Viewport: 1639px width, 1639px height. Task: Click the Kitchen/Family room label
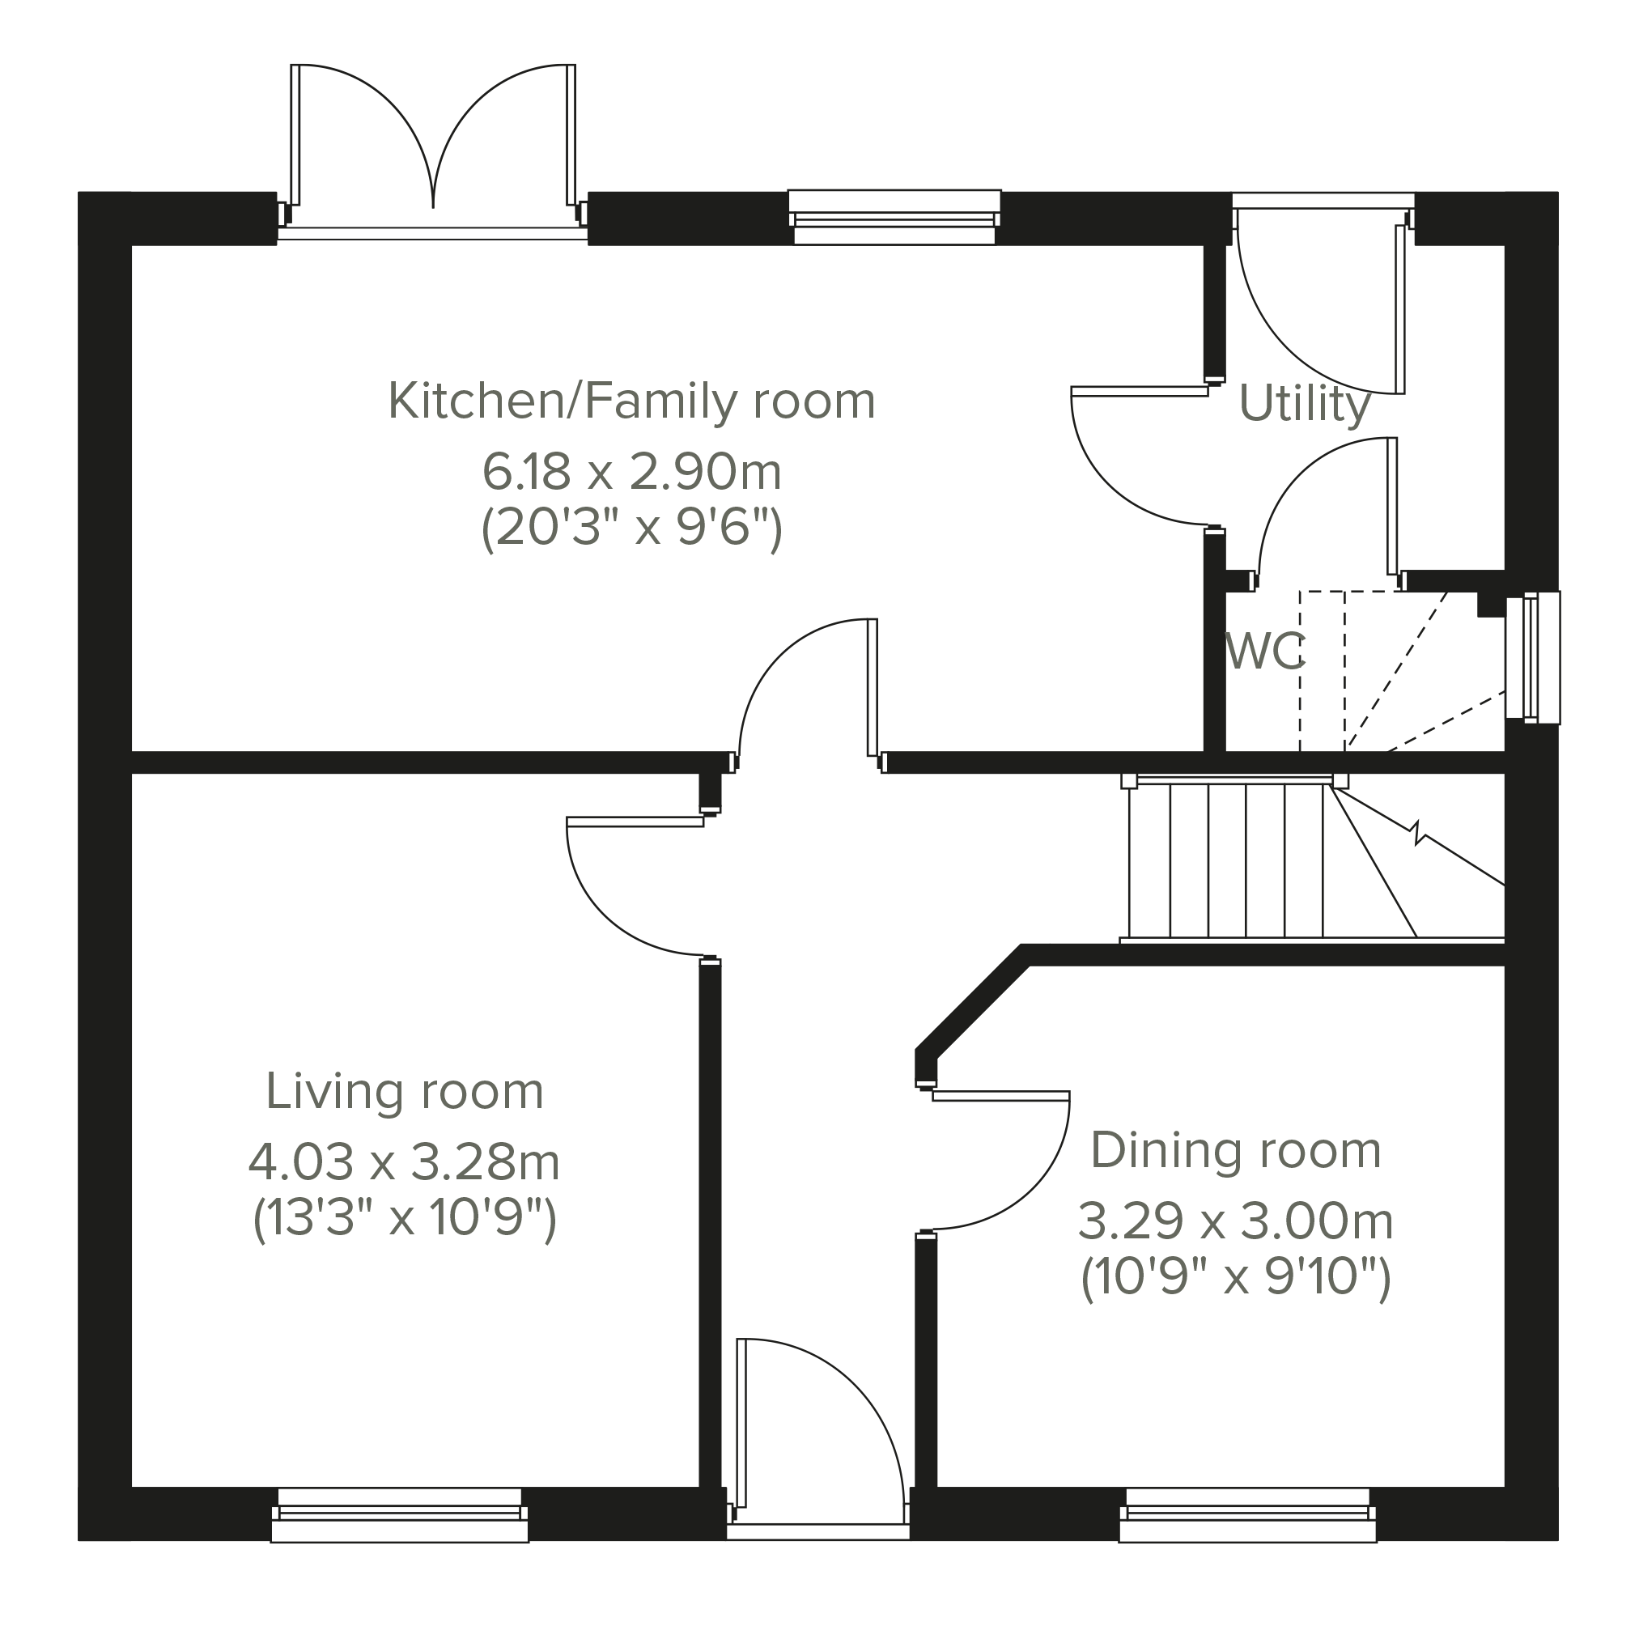click(x=632, y=401)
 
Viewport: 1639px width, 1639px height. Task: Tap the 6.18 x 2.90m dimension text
click(x=632, y=473)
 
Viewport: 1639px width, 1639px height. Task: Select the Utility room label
click(x=1305, y=404)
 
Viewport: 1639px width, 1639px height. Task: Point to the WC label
click(x=1265, y=652)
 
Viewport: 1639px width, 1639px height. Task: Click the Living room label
click(x=405, y=1091)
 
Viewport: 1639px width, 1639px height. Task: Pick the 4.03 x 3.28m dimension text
click(x=405, y=1162)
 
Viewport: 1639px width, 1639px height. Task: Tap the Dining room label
click(x=1236, y=1150)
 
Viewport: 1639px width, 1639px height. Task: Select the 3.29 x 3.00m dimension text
click(x=1236, y=1222)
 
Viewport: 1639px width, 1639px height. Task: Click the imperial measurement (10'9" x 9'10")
click(x=1236, y=1277)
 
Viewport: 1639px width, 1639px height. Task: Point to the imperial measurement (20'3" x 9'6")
click(x=632, y=529)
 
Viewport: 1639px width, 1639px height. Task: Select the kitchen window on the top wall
click(x=895, y=217)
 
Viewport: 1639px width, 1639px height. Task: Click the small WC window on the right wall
click(x=1533, y=658)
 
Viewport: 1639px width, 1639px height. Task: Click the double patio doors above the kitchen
click(x=434, y=148)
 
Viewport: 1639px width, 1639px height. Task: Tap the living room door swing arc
click(x=606, y=916)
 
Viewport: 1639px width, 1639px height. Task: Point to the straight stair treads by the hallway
click(x=1227, y=861)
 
